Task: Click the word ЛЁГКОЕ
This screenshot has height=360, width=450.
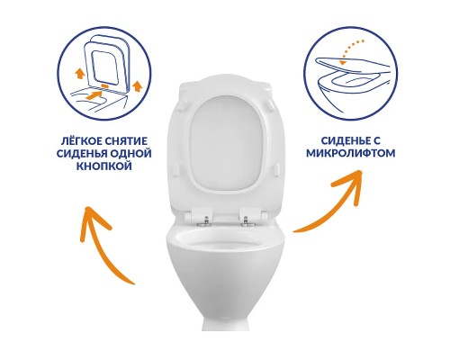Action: (x=79, y=141)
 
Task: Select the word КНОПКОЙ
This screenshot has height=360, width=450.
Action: (x=104, y=166)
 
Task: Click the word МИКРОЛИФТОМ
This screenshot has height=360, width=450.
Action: (x=350, y=153)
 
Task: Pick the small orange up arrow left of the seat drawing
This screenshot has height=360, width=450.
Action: (x=79, y=73)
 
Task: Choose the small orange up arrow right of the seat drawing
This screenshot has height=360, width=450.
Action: (x=137, y=85)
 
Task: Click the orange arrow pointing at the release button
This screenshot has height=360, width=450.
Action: (x=94, y=95)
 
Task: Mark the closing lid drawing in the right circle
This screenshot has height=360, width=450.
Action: (x=353, y=64)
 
